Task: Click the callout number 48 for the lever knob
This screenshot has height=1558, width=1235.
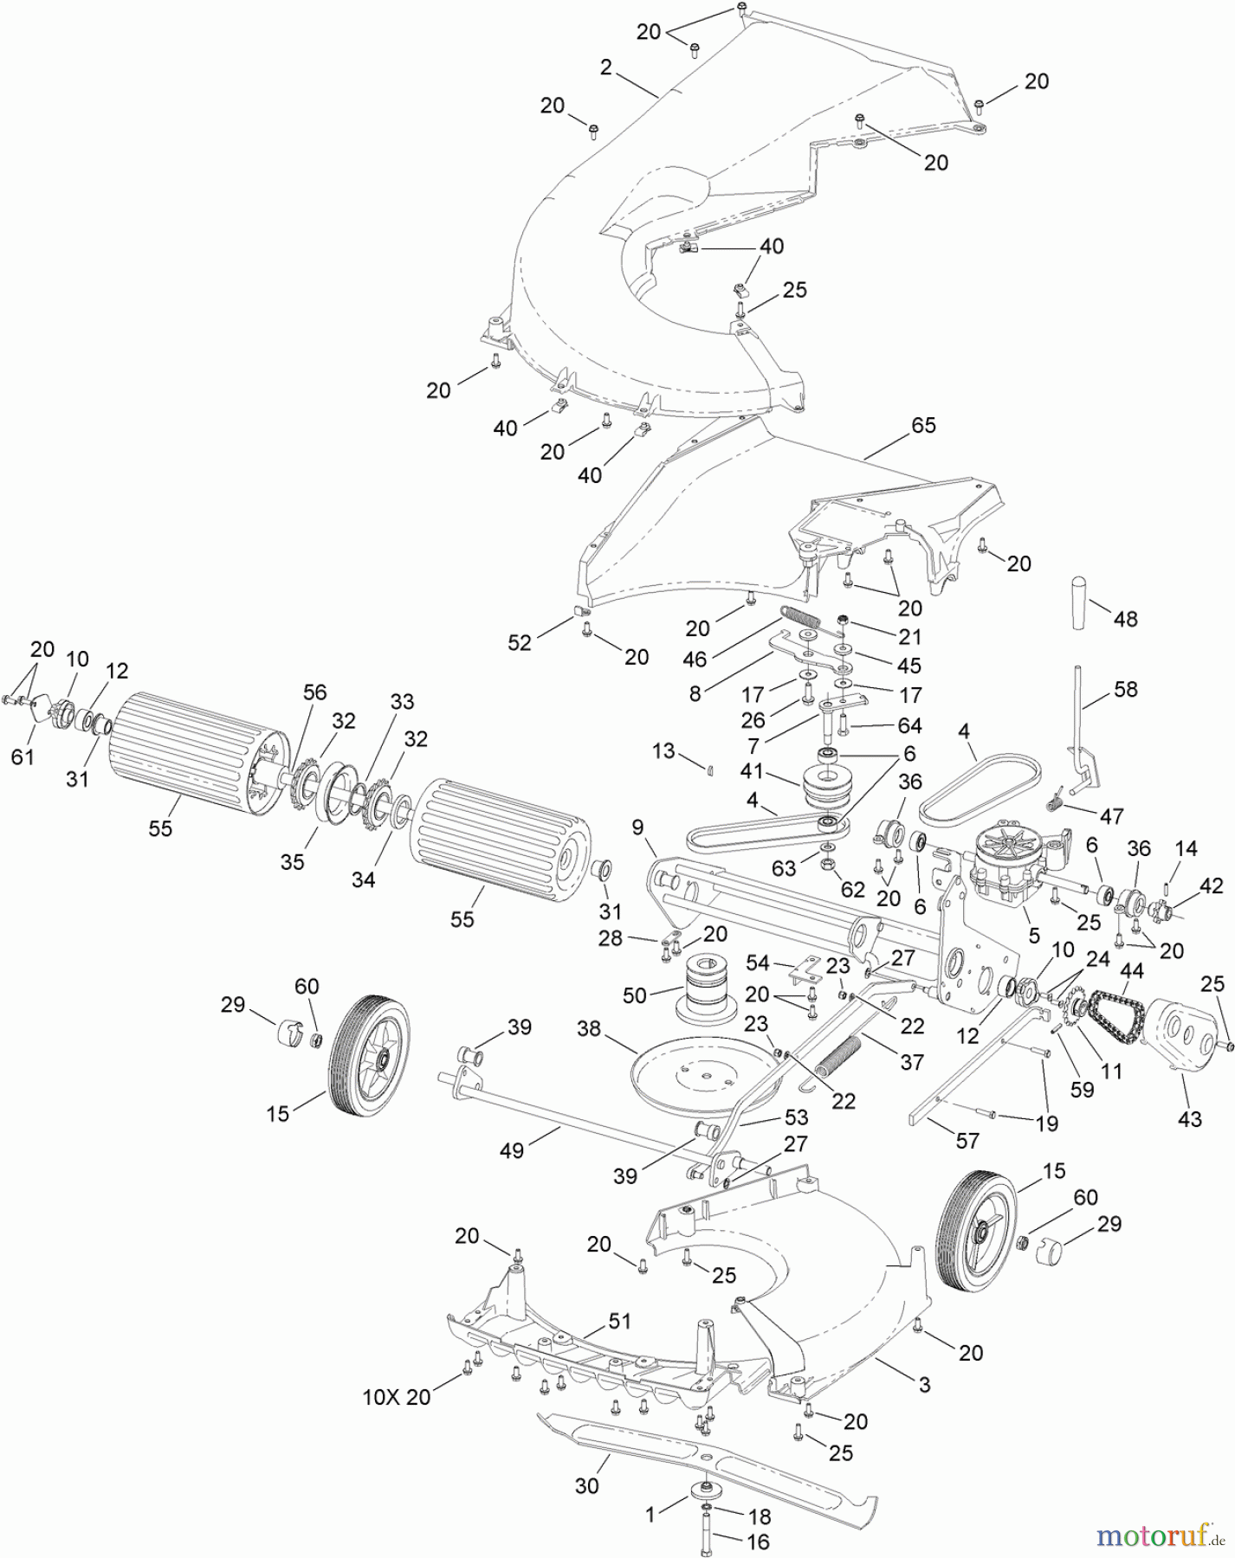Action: [x=1125, y=619]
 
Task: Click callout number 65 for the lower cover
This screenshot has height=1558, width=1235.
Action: [x=924, y=426]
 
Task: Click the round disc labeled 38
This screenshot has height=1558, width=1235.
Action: [x=702, y=1073]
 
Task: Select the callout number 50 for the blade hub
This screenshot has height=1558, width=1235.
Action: [x=635, y=995]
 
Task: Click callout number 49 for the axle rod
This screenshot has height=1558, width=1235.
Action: [x=512, y=1150]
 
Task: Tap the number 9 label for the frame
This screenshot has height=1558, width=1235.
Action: [x=638, y=827]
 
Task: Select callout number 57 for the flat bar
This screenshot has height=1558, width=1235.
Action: [x=967, y=1141]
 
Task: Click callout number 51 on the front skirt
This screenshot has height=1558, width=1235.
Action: [x=620, y=1322]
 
